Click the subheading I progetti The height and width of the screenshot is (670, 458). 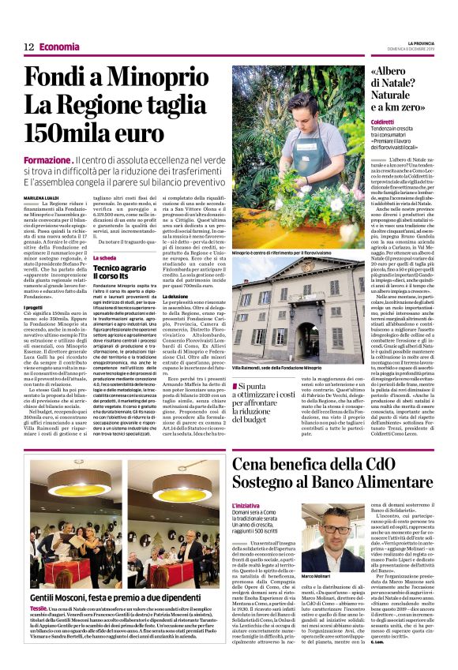point(34,306)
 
